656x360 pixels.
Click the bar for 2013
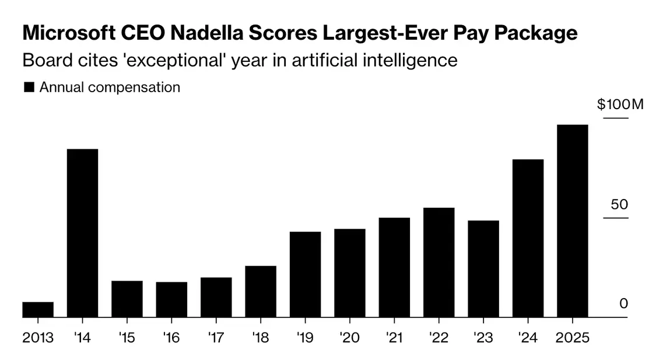38,310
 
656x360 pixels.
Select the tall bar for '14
82,233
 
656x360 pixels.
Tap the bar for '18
261,292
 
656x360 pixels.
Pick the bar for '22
438,263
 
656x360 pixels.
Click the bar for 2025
572,221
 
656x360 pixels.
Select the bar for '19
305,274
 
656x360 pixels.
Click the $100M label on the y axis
620,105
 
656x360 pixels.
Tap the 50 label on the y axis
619,205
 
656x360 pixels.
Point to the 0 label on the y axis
623,303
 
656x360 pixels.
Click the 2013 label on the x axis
38,338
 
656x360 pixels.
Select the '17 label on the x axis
216,338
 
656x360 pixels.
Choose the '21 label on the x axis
394,338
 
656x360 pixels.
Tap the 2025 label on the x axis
572,338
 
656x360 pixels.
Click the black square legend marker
29,88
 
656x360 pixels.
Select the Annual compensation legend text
110,88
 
